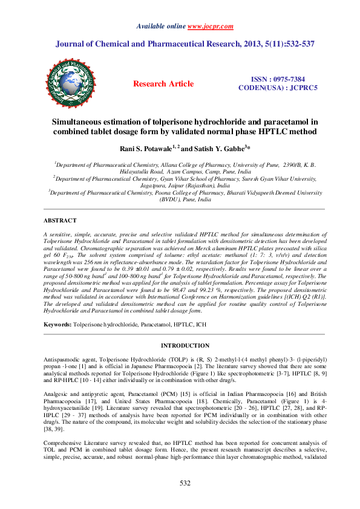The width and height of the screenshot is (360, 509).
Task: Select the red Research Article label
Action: (163, 84)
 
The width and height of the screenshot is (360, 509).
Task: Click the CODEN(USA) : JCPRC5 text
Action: (278, 88)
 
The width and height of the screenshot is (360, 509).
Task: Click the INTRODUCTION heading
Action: (180, 345)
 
